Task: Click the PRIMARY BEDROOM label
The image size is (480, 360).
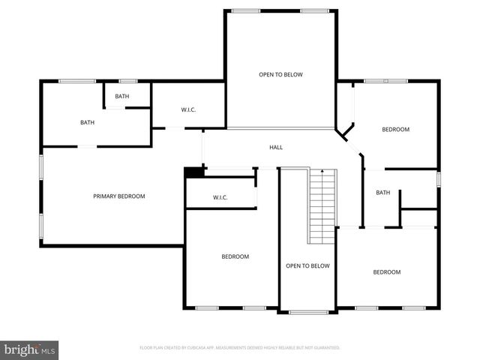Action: tap(119, 196)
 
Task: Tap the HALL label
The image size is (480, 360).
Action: tap(276, 148)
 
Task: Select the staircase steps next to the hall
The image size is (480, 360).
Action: tap(322, 206)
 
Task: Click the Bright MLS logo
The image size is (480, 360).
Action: tap(30, 349)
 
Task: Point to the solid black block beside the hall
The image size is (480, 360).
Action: tap(194, 172)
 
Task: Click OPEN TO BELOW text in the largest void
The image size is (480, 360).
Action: tap(281, 75)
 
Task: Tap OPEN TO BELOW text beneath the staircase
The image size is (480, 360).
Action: tap(307, 266)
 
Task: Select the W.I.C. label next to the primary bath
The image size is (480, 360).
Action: tap(188, 110)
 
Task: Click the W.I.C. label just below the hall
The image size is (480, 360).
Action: tap(220, 198)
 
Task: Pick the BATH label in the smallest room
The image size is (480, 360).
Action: tap(122, 97)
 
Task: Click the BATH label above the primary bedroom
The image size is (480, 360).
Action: tap(87, 122)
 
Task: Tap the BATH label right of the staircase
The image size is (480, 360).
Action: tap(382, 193)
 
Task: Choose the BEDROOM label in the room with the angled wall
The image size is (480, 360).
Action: tap(395, 130)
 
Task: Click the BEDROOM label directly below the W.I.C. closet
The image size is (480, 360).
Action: tap(235, 257)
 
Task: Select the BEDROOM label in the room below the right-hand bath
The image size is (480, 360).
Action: tap(387, 272)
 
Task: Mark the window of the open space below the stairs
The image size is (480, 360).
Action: tap(307, 311)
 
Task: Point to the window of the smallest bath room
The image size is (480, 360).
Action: tap(128, 81)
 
